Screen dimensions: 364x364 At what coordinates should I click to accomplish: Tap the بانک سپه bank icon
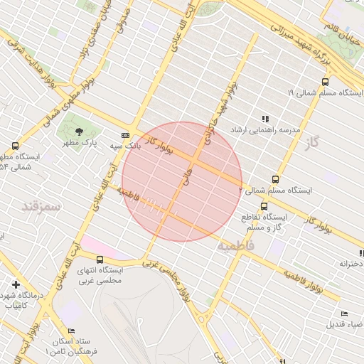click(x=126, y=135)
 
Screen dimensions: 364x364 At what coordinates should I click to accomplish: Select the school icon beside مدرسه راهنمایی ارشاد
click(x=265, y=119)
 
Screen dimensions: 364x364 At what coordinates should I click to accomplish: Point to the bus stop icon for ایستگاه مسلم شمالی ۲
click(x=275, y=179)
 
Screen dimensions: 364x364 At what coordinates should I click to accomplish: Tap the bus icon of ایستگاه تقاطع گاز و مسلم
click(x=264, y=206)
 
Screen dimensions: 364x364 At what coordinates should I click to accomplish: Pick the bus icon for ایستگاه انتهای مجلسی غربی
click(x=99, y=259)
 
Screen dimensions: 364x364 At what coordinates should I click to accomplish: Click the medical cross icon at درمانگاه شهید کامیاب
click(x=16, y=284)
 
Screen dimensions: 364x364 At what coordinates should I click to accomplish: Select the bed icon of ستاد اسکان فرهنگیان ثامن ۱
click(x=70, y=331)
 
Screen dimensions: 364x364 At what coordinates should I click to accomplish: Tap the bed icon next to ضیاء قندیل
click(x=345, y=314)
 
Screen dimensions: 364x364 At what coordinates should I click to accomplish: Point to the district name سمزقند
click(x=42, y=205)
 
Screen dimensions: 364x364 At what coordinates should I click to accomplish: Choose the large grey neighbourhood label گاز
click(x=311, y=144)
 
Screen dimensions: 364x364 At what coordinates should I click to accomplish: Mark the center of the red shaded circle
click(x=182, y=181)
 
